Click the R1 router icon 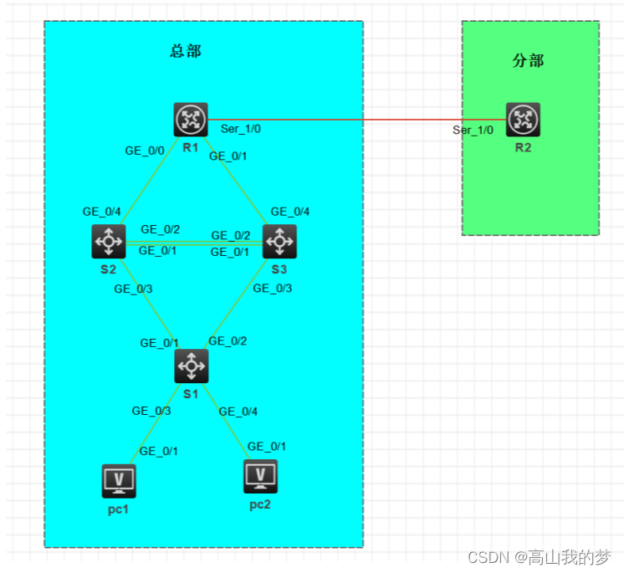[x=191, y=120]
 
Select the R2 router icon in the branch [x=523, y=120]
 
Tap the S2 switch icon [x=108, y=242]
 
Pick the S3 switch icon [x=279, y=242]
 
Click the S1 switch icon [x=191, y=366]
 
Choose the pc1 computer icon [x=119, y=481]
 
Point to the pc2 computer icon [x=260, y=476]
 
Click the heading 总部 [x=186, y=51]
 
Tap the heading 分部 [x=528, y=61]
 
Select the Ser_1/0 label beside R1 [x=241, y=130]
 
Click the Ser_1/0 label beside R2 [x=473, y=130]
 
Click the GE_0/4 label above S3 [x=290, y=212]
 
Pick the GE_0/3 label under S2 [x=134, y=289]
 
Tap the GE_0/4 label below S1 [x=238, y=411]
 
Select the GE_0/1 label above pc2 [x=267, y=446]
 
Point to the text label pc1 [x=119, y=509]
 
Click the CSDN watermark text [x=539, y=557]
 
